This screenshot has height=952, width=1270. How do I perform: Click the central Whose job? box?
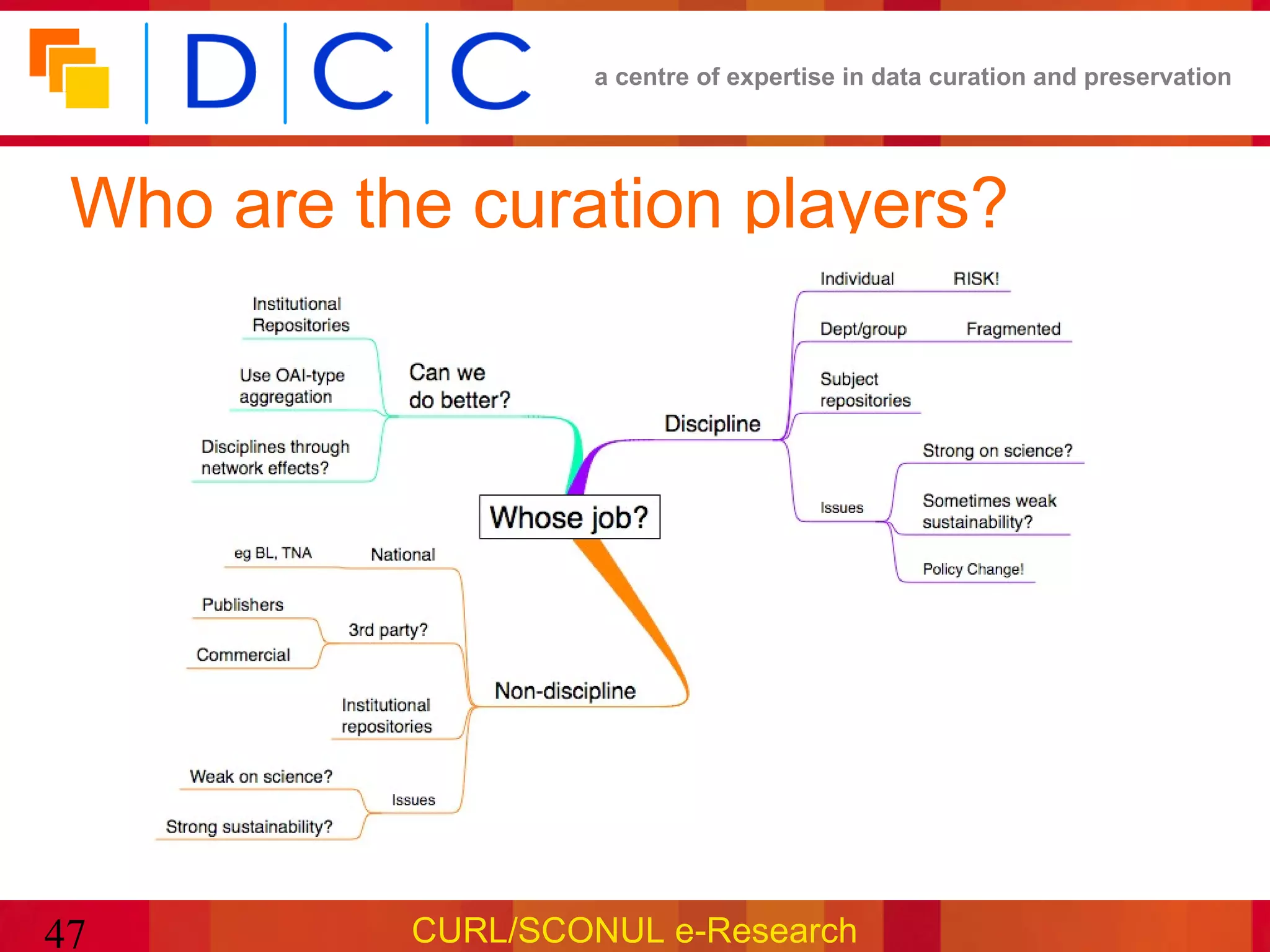569,517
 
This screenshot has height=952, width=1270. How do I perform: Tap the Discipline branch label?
712,424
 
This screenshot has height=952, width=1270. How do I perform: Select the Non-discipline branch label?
565,691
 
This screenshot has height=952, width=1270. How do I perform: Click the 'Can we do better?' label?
458,386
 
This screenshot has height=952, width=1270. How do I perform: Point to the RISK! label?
976,279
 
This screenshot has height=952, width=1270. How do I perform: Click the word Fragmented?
1013,329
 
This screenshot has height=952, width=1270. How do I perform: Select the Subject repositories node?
865,390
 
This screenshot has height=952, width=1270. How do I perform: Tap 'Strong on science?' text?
997,451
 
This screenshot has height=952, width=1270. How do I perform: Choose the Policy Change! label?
973,569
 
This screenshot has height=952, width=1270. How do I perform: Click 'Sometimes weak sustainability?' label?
989,511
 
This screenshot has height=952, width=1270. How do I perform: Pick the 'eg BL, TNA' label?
273,553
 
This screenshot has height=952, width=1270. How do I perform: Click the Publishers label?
242,605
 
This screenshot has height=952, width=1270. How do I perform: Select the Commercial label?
243,655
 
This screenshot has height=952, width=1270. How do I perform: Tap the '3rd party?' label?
388,630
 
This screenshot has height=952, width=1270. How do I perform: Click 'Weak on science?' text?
261,777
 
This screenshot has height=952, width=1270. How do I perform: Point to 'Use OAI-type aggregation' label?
291,386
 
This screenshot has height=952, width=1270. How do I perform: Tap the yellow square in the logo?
88,87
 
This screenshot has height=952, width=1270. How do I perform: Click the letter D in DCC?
220,71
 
